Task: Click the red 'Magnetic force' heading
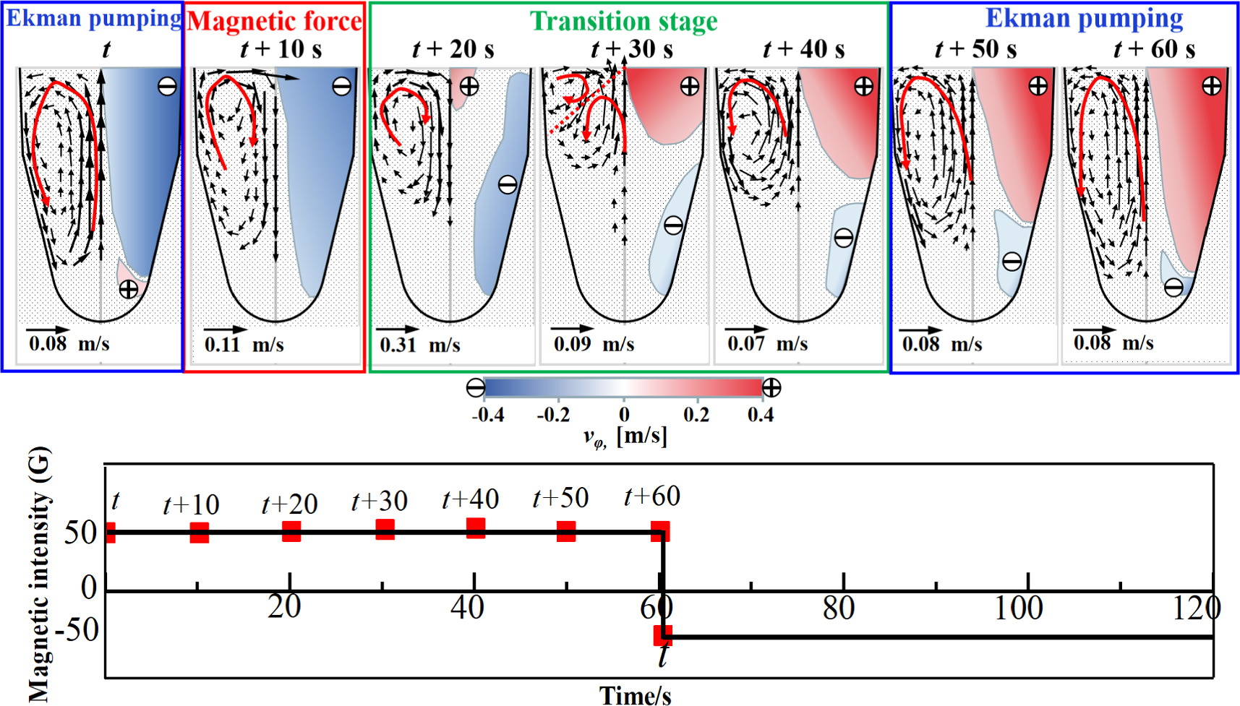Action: point(274,21)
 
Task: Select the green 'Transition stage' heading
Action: point(623,21)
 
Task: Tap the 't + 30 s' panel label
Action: point(632,49)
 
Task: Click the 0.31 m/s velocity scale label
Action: point(420,344)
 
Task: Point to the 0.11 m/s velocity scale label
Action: point(244,344)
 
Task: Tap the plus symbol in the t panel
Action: point(128,290)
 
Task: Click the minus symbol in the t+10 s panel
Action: point(341,87)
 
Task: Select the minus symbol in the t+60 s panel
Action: point(1173,288)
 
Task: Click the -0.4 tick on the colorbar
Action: point(489,415)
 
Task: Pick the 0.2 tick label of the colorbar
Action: point(696,415)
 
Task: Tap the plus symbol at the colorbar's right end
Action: point(771,388)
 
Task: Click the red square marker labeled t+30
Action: point(385,530)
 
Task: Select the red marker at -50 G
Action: point(662,635)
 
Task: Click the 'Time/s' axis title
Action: point(635,695)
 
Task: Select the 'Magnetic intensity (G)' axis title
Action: point(40,574)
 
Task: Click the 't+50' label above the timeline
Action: point(560,498)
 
